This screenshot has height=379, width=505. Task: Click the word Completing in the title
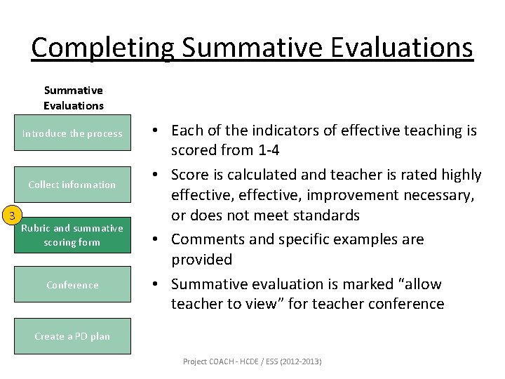pos(102,48)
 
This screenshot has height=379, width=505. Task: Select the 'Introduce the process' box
pos(72,133)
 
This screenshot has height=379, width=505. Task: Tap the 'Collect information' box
pos(72,185)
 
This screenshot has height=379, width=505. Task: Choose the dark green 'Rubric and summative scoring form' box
pos(72,235)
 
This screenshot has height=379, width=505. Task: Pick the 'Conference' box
pos(72,285)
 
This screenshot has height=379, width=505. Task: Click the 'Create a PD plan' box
pos(72,336)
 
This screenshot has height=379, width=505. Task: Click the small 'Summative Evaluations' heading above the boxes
pos(73,98)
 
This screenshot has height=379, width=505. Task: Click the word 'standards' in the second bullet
pos(326,215)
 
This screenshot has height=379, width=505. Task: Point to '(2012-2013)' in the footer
pos(300,361)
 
